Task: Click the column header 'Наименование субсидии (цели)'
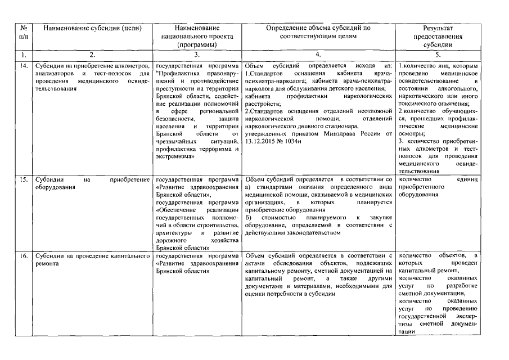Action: pos(92,28)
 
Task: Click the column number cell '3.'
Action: pos(196,55)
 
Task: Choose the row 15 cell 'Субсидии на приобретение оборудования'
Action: pos(92,183)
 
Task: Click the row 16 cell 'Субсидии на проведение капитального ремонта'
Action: pos(92,260)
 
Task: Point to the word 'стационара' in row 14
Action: pos(350,127)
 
